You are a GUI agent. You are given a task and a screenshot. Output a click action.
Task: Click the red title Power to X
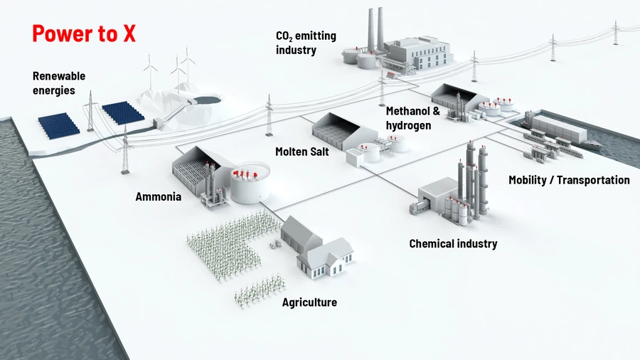(84, 33)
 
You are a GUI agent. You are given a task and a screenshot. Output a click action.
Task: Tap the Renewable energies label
(59, 83)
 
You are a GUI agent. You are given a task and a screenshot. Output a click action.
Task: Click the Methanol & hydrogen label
(413, 118)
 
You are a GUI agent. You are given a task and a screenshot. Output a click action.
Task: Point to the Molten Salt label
(302, 152)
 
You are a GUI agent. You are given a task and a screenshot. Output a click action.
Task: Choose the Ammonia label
(159, 196)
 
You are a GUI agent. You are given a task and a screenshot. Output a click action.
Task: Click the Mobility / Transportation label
(569, 180)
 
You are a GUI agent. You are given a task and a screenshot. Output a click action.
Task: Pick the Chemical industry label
(453, 244)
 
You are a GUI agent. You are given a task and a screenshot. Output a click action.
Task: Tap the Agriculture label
(309, 302)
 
